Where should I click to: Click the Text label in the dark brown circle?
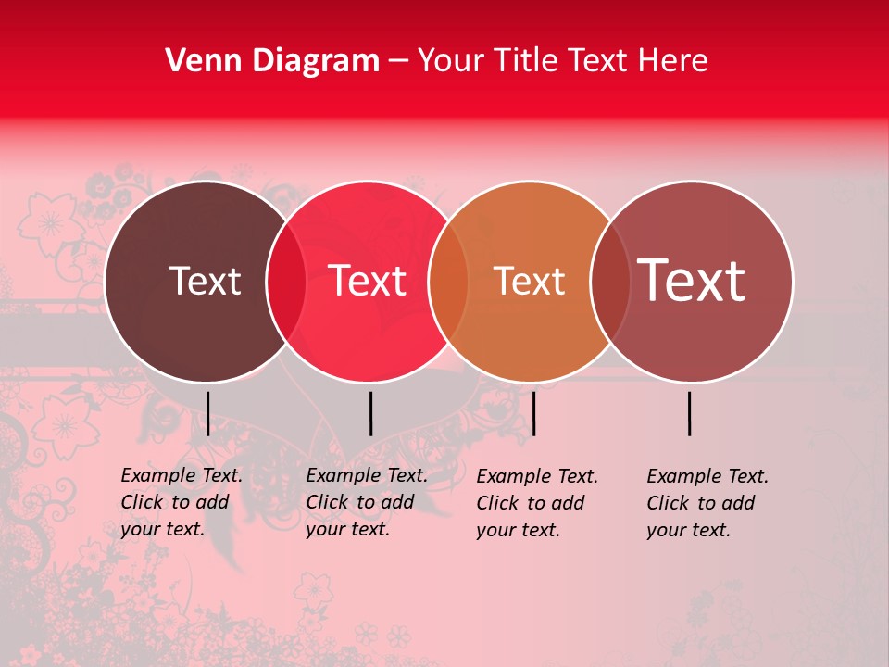point(205,281)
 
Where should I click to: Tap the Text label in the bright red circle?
point(368,281)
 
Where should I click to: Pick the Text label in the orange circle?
point(529,281)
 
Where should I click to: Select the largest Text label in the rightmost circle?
point(692,280)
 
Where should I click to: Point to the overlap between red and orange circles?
point(448,281)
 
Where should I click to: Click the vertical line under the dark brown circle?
point(207,413)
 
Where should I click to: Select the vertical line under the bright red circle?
point(370,413)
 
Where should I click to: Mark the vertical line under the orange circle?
point(534,413)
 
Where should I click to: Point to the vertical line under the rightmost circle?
point(690,413)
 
